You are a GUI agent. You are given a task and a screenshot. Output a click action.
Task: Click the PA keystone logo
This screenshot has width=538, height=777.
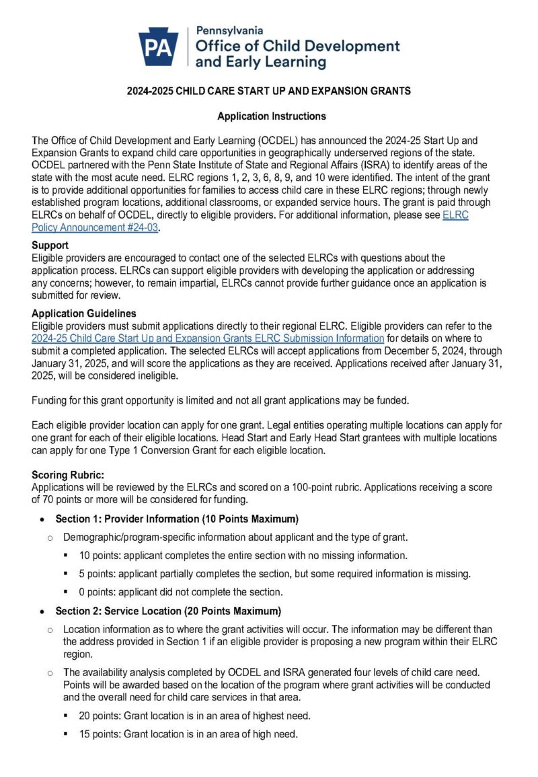158,47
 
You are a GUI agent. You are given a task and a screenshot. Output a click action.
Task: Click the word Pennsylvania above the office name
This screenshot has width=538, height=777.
229,31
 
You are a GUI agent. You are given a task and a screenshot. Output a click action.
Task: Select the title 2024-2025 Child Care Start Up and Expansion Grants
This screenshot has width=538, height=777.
269,91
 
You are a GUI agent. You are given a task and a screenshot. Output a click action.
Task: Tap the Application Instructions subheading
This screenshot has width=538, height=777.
271,116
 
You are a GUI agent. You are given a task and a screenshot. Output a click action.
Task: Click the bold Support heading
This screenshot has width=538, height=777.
50,246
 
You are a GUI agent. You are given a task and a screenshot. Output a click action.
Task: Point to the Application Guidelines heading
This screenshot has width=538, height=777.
83,313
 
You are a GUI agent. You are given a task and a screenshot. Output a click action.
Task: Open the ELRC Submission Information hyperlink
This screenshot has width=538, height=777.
208,338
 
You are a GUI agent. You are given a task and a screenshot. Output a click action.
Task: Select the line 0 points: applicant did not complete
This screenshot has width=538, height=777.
180,592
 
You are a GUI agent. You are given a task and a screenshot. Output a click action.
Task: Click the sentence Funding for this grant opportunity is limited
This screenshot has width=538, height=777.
219,401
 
